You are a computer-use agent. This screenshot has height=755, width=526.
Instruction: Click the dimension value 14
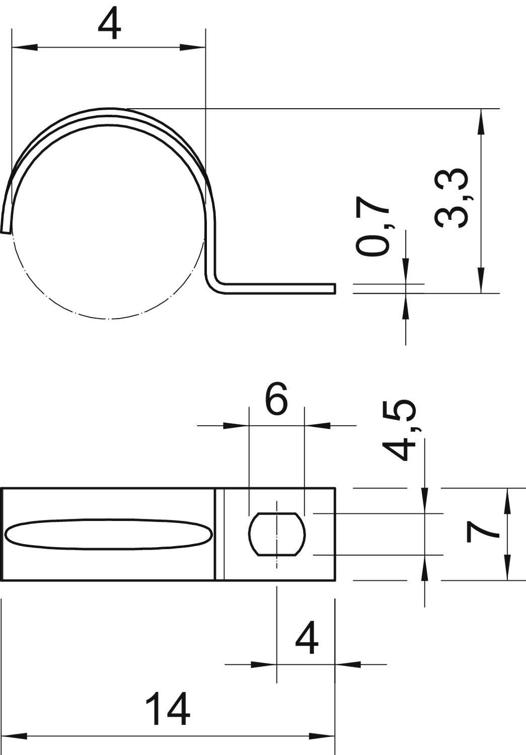click(x=167, y=709)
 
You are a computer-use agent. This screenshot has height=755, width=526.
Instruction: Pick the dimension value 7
click(x=482, y=533)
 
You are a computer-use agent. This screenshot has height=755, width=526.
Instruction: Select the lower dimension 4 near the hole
click(x=307, y=639)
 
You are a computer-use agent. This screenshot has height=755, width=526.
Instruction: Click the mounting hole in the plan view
click(x=277, y=534)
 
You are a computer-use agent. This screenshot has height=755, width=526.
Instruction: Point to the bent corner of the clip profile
click(x=214, y=285)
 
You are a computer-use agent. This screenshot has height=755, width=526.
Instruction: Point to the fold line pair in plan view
click(x=219, y=534)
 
